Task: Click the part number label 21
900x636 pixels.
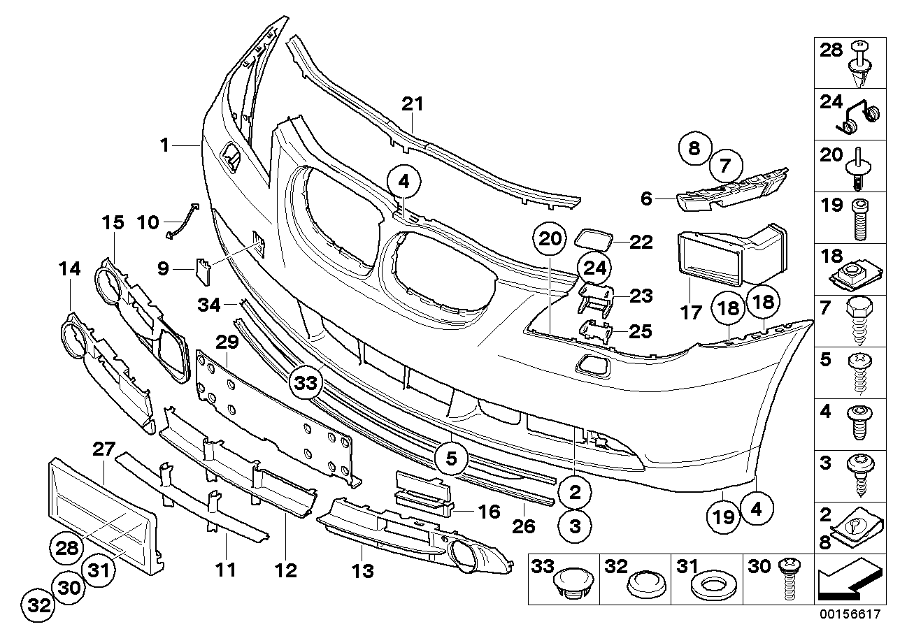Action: (x=413, y=104)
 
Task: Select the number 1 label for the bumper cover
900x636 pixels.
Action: (x=164, y=145)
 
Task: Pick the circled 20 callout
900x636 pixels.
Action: (x=550, y=240)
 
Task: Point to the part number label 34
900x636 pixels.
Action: (x=208, y=305)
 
